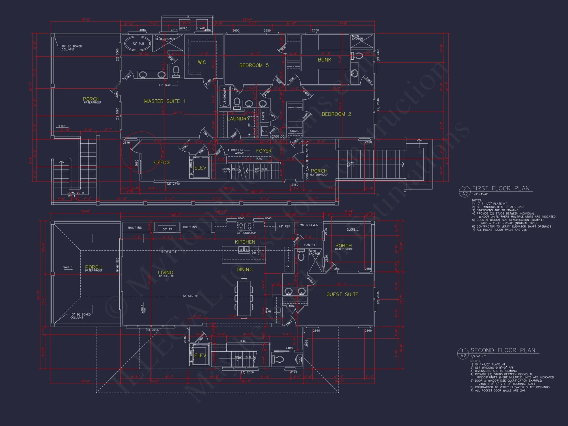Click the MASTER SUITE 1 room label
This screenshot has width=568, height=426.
pos(164,101)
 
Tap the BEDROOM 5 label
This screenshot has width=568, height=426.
pos(254,65)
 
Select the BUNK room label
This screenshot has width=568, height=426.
pos(324,60)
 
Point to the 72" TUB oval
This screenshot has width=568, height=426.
pos(138,43)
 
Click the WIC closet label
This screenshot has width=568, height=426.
pos(202,62)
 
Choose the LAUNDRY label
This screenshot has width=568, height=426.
pos(238,119)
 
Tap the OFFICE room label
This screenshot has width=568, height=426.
pos(162,162)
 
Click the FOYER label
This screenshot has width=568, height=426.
pos(264,151)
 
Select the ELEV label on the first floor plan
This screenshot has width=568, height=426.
pos(200,168)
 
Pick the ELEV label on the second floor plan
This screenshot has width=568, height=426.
pos(200,355)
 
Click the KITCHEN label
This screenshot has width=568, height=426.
pos(245,242)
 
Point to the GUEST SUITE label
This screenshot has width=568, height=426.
pos(342,295)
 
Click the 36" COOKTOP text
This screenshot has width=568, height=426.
pos(246,233)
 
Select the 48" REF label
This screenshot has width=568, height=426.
pos(284,227)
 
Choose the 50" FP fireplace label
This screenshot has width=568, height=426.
pos(167,229)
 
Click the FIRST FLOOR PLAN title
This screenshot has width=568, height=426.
pos(501,188)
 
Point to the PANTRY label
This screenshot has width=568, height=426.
pos(310,245)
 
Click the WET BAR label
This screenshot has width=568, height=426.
pos(268,310)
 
